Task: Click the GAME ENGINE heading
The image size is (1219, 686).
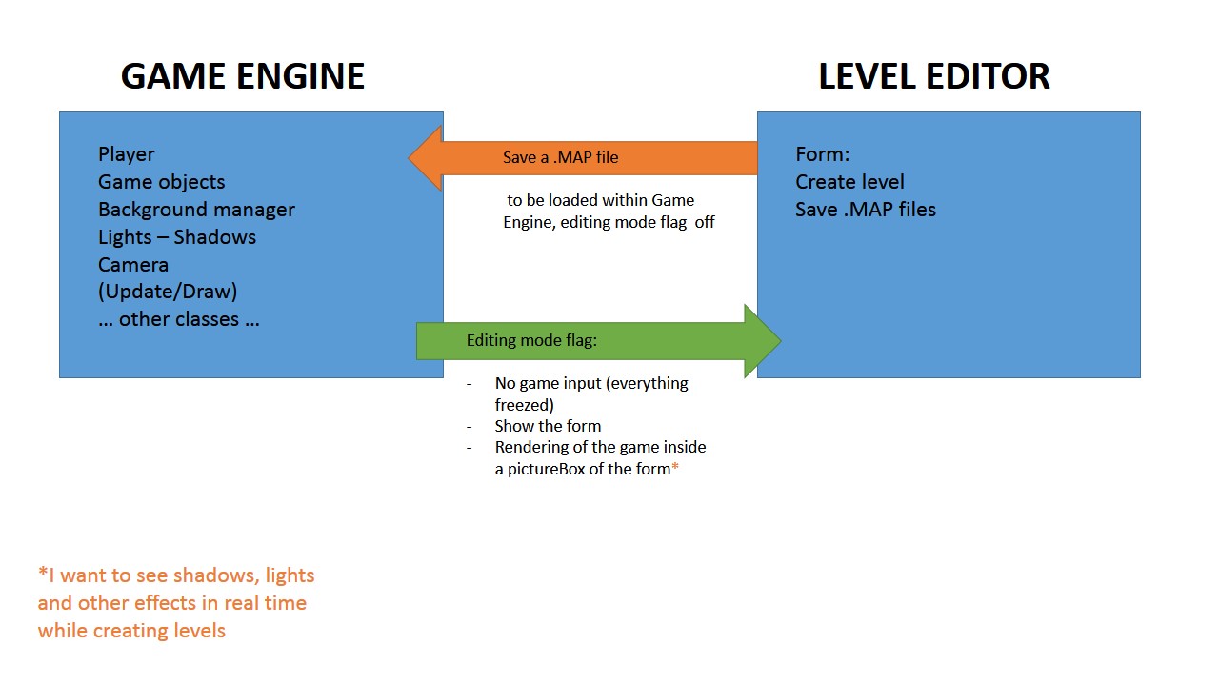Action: (243, 76)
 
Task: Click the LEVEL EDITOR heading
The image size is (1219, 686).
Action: (933, 76)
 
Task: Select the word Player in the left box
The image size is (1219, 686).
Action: (126, 154)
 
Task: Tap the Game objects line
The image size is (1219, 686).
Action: (161, 182)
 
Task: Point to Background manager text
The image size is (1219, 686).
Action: (196, 210)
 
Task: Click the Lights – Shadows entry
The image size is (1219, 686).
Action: (176, 237)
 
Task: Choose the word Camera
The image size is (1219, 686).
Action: (132, 265)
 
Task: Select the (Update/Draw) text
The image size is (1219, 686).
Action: (168, 292)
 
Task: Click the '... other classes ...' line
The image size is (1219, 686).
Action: (178, 319)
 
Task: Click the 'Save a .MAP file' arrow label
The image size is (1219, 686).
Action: (560, 158)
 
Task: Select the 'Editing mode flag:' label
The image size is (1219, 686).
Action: (531, 340)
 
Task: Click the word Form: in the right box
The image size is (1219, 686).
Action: (822, 154)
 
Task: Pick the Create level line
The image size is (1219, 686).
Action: (849, 182)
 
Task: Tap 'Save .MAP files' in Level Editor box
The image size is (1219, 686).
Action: (865, 210)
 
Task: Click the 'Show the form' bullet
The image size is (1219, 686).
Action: (548, 426)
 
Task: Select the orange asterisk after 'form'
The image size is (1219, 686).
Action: (675, 468)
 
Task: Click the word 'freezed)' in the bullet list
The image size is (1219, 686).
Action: (524, 405)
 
